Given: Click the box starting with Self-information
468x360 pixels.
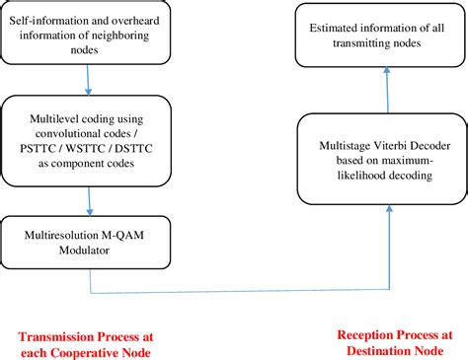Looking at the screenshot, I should point(89,32).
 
